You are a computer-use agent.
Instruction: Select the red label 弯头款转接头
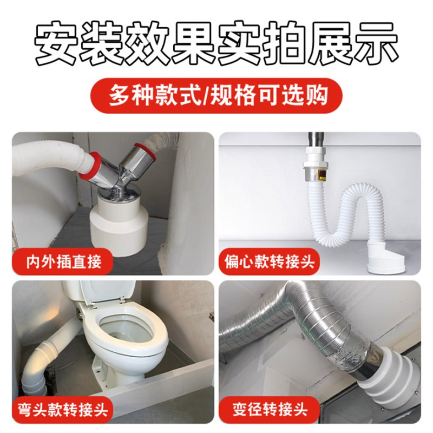pyautogui.click(x=64, y=407)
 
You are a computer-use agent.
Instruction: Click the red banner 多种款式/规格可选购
pyautogui.click(x=216, y=96)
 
